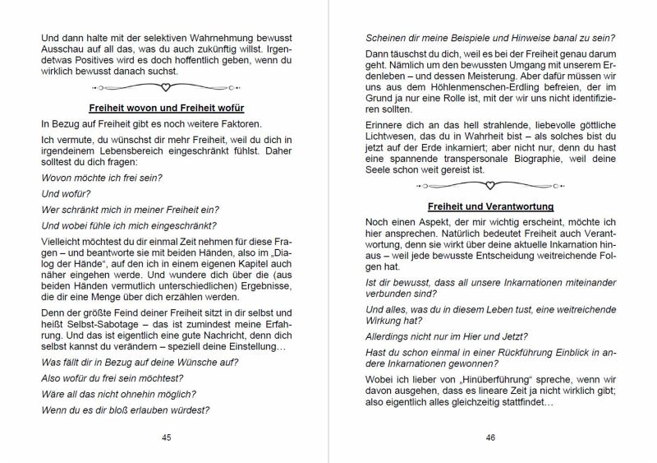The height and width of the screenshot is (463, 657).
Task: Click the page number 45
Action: pos(167,438)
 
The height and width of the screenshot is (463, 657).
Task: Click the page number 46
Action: pos(490,438)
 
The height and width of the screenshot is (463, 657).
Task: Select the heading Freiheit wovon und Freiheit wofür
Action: pos(167,108)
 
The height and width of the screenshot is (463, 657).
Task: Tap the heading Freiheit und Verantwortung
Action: pos(490,206)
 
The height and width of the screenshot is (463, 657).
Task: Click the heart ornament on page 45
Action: pos(167,86)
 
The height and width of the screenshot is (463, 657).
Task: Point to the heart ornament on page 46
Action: pos(490,185)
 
